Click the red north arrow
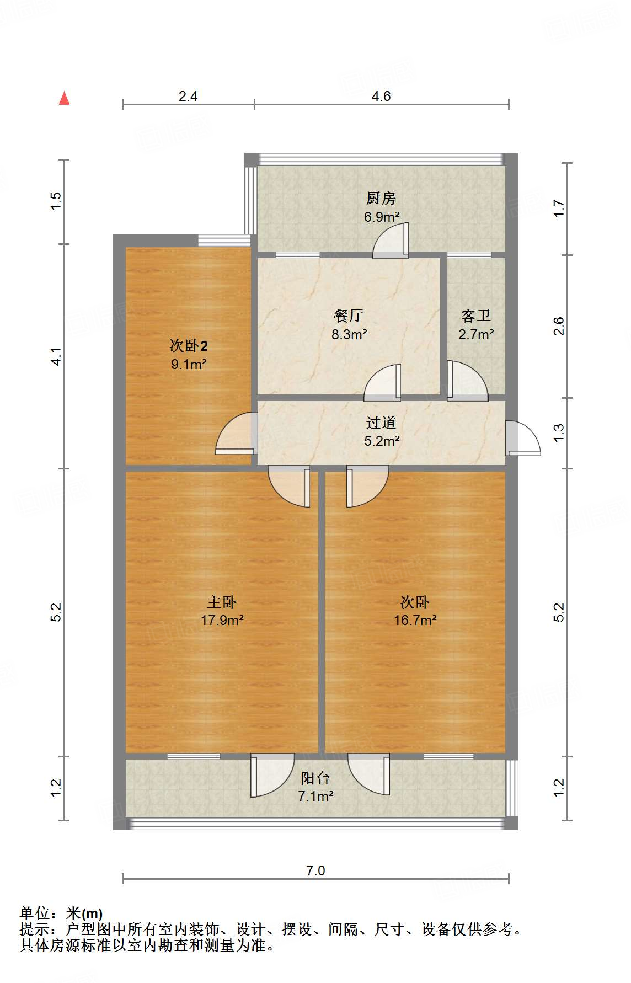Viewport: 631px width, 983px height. tap(65, 98)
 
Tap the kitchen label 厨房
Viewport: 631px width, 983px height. tap(381, 198)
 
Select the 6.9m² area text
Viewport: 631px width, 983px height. tap(381, 217)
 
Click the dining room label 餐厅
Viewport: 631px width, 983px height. tap(349, 316)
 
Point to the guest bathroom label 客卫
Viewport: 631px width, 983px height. tap(475, 316)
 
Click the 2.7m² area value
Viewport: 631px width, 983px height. tap(475, 334)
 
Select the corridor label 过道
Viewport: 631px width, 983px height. tap(381, 423)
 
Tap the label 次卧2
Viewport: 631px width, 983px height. tap(188, 346)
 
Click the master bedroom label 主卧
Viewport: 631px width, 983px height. tap(222, 602)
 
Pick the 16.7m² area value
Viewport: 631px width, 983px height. tap(415, 620)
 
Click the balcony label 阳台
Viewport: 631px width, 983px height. tap(315, 778)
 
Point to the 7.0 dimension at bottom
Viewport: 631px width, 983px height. tap(315, 870)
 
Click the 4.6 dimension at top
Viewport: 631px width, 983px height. tap(381, 96)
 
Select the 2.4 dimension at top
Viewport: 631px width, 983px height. tap(188, 96)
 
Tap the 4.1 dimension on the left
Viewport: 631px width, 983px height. tap(56, 356)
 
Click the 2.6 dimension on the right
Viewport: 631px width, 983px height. tap(559, 326)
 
